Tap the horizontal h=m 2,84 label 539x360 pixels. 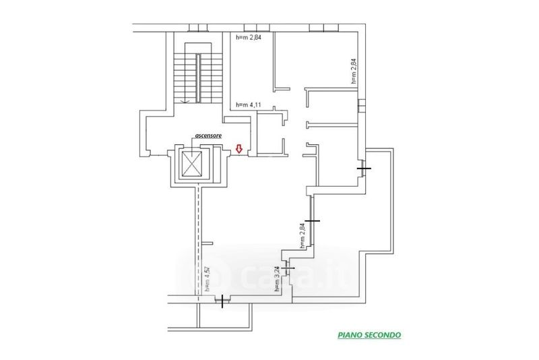(250, 37)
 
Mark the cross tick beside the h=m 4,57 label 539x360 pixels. (221, 300)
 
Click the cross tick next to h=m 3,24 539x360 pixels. (288, 268)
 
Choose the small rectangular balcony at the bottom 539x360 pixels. (225, 317)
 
